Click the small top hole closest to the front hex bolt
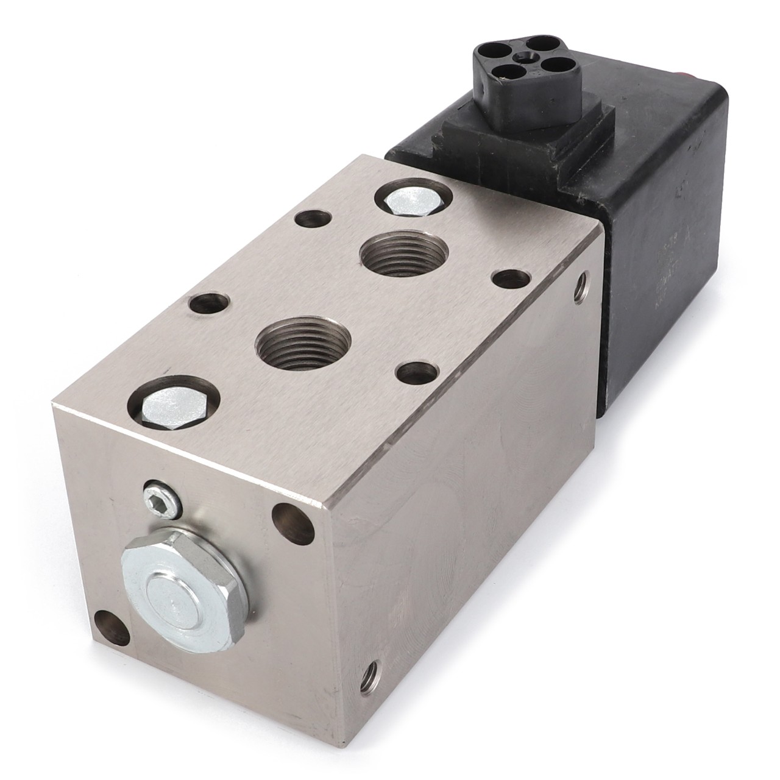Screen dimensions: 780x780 coord(210,303)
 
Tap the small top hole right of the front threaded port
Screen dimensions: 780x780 coord(416,373)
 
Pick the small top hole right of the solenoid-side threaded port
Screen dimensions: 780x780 coord(511,280)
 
